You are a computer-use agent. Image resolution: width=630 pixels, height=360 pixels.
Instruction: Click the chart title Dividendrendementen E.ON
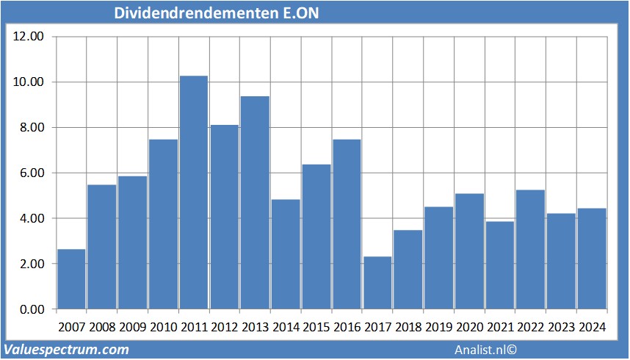[217, 14]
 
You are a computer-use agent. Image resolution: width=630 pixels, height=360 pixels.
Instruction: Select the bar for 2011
[194, 192]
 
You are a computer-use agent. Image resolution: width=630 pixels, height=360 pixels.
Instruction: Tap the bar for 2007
[71, 279]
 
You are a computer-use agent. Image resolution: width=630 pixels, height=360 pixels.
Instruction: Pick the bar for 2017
[377, 283]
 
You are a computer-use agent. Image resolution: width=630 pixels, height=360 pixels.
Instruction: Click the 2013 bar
[255, 203]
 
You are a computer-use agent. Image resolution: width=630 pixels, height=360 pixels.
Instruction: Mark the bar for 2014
[286, 254]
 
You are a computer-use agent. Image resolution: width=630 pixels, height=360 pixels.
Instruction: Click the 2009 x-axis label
[133, 327]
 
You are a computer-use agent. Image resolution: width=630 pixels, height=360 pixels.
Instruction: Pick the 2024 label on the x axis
[592, 327]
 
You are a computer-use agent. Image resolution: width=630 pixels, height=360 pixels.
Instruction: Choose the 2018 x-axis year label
[408, 327]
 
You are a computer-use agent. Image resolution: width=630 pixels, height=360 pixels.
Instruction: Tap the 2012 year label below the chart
[225, 327]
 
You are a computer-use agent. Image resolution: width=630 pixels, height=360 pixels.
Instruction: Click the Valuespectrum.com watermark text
[67, 350]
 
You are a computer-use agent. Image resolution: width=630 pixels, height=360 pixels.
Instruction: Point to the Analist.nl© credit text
[486, 350]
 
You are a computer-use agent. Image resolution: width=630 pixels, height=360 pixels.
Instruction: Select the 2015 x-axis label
[316, 327]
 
